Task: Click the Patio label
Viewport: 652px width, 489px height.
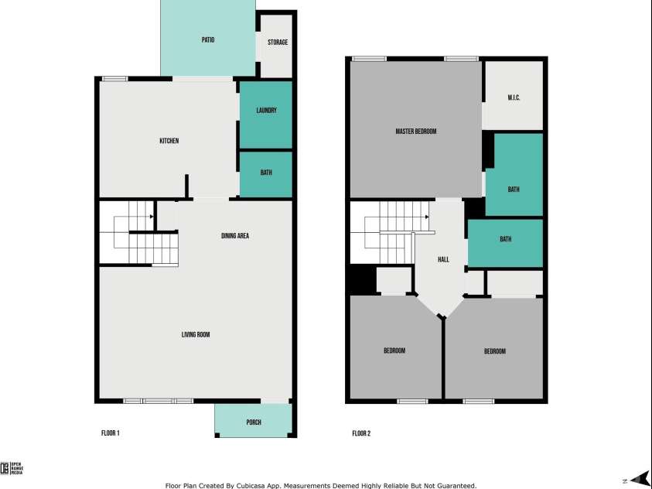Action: [208, 39]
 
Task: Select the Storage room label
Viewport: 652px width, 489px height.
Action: [278, 42]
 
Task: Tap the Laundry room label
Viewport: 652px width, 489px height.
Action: [266, 111]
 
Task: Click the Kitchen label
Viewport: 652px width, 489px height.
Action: [169, 141]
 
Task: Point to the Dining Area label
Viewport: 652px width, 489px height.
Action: [235, 236]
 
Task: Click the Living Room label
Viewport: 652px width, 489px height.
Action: [196, 335]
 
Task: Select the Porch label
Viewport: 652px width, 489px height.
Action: [254, 422]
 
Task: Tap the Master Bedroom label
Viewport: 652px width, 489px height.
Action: [416, 132]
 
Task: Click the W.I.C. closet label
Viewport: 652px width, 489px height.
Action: [514, 97]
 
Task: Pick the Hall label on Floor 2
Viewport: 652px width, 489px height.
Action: [443, 259]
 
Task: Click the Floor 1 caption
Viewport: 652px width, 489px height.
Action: [111, 433]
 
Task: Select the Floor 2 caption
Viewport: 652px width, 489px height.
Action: [361, 433]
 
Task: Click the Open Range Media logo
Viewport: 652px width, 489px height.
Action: [12, 467]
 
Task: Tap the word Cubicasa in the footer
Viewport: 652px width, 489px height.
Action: [260, 486]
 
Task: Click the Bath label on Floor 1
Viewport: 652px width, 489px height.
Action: [266, 173]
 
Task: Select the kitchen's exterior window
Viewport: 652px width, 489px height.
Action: [115, 78]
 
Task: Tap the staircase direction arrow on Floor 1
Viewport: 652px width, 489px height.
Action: [151, 217]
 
